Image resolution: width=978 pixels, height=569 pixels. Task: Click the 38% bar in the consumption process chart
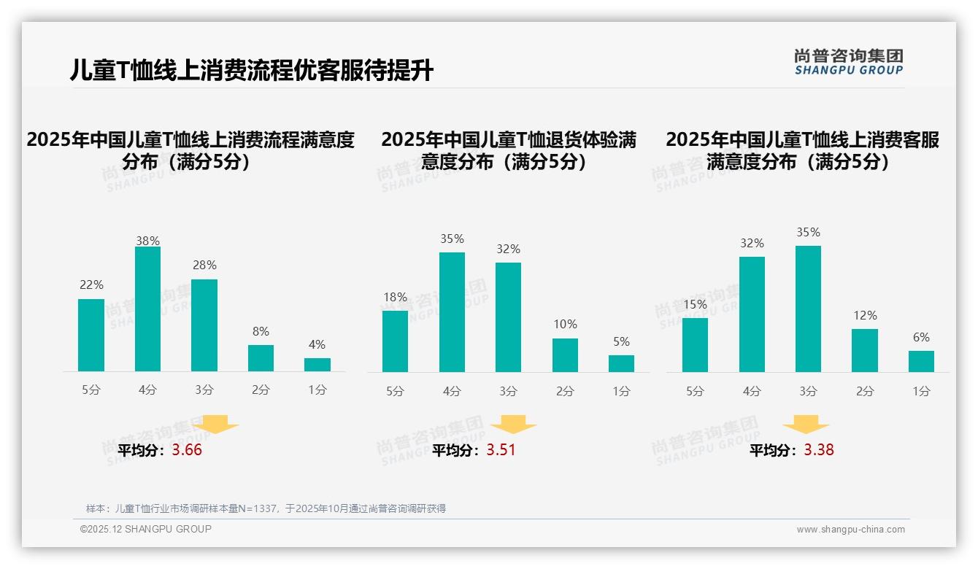tap(147, 309)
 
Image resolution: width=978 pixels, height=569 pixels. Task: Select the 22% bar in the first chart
tap(91, 335)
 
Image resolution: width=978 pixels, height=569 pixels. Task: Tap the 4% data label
tap(317, 345)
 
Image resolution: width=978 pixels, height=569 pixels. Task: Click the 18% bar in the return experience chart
tap(395, 341)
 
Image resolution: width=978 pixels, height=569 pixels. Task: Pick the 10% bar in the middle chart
tap(565, 355)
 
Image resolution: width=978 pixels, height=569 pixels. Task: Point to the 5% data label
tap(621, 342)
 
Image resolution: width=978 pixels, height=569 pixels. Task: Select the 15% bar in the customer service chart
tap(695, 345)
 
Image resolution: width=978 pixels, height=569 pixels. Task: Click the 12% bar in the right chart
tap(865, 350)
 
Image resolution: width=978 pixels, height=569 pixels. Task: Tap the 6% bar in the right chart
tap(921, 361)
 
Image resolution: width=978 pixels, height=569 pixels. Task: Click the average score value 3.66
tap(187, 450)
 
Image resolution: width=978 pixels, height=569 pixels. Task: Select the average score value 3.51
tap(501, 450)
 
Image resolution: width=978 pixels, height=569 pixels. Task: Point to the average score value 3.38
tap(819, 450)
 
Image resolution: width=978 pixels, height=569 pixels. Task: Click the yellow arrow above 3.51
tap(514, 425)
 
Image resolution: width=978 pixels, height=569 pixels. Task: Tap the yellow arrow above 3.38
tap(806, 425)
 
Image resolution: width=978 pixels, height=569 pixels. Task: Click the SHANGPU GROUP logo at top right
tap(849, 62)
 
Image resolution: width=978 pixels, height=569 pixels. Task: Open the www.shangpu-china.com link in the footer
tap(850, 530)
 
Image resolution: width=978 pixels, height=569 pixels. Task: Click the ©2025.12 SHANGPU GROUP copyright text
tap(146, 529)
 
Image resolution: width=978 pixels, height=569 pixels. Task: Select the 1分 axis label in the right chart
tap(921, 392)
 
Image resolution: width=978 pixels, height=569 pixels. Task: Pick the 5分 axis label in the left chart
tap(91, 390)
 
